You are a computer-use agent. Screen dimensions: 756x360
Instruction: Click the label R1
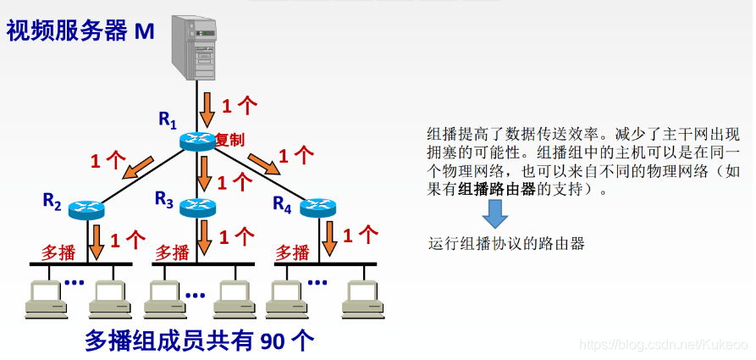(168, 120)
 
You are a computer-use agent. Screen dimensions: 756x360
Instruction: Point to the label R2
(52, 202)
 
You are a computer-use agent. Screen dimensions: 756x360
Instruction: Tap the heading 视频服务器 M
(80, 32)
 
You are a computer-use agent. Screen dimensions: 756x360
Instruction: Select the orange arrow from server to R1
(207, 106)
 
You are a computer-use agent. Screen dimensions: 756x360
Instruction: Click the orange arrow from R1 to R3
(203, 174)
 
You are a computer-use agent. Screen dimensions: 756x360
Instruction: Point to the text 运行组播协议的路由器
(506, 244)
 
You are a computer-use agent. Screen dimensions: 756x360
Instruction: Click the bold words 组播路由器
(497, 190)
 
